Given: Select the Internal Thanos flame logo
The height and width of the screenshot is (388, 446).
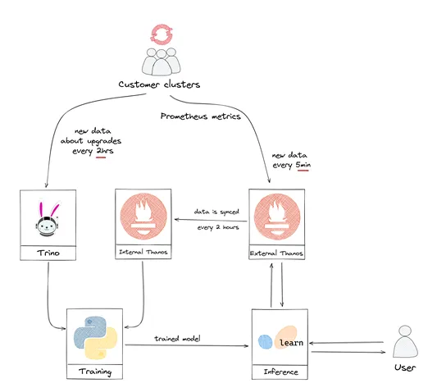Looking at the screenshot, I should coord(144,218).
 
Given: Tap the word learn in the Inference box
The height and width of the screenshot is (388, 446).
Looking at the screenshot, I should coord(290,340).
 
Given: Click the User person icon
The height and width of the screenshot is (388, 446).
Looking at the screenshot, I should coord(407,340).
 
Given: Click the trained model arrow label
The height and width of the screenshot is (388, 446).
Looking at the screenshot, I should coord(178,338).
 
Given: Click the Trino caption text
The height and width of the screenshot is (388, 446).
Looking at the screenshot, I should coord(47,254).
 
